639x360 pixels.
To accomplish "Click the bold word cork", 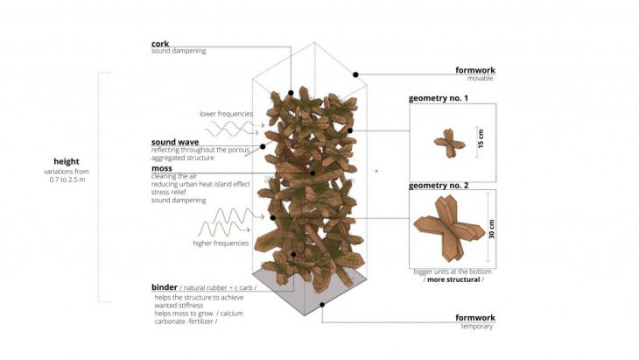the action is pyautogui.click(x=160, y=44).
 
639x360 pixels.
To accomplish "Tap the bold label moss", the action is pyautogui.click(x=162, y=168).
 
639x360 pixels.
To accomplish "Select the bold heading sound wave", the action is pyautogui.click(x=175, y=142).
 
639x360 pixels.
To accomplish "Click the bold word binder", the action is pyautogui.click(x=165, y=287).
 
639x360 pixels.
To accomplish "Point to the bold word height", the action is pyautogui.click(x=67, y=161).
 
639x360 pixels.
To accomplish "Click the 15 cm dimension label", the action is pyautogui.click(x=481, y=138).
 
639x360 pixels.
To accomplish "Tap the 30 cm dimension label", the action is pyautogui.click(x=491, y=229).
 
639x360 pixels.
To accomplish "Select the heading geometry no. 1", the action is pyautogui.click(x=438, y=98).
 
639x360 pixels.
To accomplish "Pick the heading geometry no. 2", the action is pyautogui.click(x=439, y=186).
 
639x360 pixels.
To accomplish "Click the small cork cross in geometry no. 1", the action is pyautogui.click(x=449, y=143).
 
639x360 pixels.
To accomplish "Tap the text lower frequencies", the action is pyautogui.click(x=226, y=114).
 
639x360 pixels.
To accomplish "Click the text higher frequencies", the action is pyautogui.click(x=221, y=243).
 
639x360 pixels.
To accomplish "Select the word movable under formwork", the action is pyautogui.click(x=480, y=78).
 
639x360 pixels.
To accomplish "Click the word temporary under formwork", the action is pyautogui.click(x=477, y=326).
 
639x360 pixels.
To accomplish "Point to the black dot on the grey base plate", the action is pyautogui.click(x=322, y=305).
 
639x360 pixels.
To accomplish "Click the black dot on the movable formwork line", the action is pyautogui.click(x=355, y=74).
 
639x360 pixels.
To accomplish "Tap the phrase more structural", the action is pyautogui.click(x=453, y=279).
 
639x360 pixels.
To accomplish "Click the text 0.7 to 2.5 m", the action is pyautogui.click(x=67, y=180).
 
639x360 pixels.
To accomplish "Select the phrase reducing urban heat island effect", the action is pyautogui.click(x=200, y=184).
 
